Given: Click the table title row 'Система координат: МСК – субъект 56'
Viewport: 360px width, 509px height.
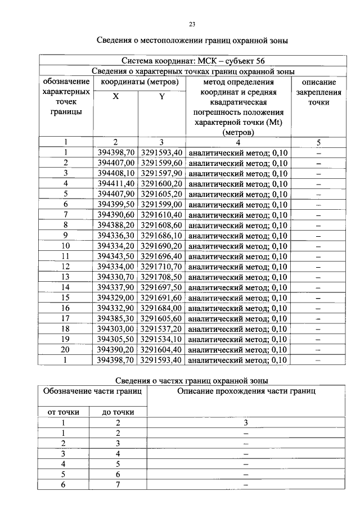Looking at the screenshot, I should pyautogui.click(x=191, y=61).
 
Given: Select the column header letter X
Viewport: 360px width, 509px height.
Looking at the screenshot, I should pyautogui.click(x=115, y=96).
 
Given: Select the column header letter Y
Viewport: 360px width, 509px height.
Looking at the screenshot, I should pyautogui.click(x=161, y=96).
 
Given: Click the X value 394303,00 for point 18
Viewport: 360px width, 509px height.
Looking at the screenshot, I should pyautogui.click(x=115, y=328).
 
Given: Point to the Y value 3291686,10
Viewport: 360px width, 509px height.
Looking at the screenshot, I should pyautogui.click(x=161, y=235).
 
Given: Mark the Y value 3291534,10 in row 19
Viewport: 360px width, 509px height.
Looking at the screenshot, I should pyautogui.click(x=161, y=339).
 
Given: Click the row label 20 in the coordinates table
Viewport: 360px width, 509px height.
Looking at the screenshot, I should pyautogui.click(x=66, y=349).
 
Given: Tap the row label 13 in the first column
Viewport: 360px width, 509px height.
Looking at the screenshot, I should pyautogui.click(x=66, y=277).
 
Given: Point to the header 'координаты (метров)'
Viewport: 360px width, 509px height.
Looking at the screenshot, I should pyautogui.click(x=139, y=82).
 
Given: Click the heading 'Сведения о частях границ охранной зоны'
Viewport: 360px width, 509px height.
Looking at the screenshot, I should pyautogui.click(x=191, y=381).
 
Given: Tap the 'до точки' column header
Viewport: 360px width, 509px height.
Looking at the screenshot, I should pyautogui.click(x=118, y=412).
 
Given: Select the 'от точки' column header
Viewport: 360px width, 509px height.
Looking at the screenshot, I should pyautogui.click(x=64, y=412).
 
